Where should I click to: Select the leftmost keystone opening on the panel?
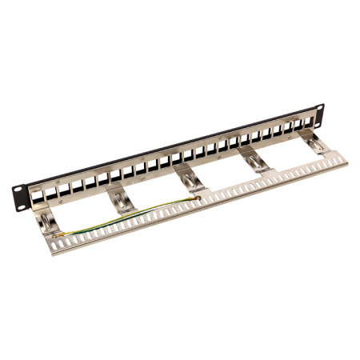pyautogui.click(x=38, y=193)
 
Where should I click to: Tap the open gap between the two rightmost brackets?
pyautogui.click(x=284, y=155)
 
